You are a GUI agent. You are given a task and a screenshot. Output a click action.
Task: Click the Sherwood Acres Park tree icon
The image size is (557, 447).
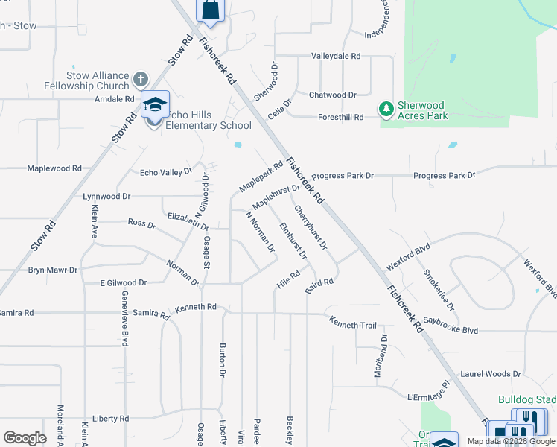[386, 110]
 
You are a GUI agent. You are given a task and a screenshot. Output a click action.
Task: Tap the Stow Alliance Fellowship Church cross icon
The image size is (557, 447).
[140, 79]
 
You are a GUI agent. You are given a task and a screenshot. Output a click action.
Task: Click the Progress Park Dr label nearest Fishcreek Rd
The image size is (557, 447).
[343, 176]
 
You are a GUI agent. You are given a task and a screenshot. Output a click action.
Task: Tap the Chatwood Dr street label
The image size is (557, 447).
[332, 95]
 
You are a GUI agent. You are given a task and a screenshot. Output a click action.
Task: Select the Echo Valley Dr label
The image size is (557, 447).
[166, 172]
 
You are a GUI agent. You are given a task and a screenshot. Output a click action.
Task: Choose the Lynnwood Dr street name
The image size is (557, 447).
[106, 196]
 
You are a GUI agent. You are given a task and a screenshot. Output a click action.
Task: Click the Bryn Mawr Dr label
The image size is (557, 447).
[49, 270]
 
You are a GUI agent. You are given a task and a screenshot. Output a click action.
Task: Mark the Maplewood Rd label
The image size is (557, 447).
[54, 168]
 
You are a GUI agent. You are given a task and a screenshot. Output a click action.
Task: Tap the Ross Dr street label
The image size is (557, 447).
[141, 223]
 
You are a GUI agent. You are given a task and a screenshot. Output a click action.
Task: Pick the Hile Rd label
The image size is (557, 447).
[287, 279]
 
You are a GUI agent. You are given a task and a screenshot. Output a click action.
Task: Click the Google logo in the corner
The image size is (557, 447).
[25, 437]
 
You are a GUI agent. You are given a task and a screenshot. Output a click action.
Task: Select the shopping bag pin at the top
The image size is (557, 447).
[210, 10]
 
